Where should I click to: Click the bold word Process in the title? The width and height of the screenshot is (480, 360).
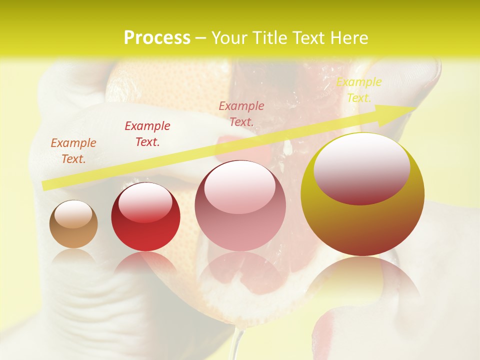click(157, 38)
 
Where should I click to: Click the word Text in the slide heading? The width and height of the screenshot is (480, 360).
click(308, 38)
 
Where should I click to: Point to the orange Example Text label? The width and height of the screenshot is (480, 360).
click(73, 151)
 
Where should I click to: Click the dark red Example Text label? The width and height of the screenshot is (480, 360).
click(147, 134)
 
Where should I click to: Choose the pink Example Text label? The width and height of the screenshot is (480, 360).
click(241, 113)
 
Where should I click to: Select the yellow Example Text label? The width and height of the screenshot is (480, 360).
click(358, 90)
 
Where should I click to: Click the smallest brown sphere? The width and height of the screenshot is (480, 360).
click(73, 224)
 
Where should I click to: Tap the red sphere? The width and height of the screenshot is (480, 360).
click(145, 217)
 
